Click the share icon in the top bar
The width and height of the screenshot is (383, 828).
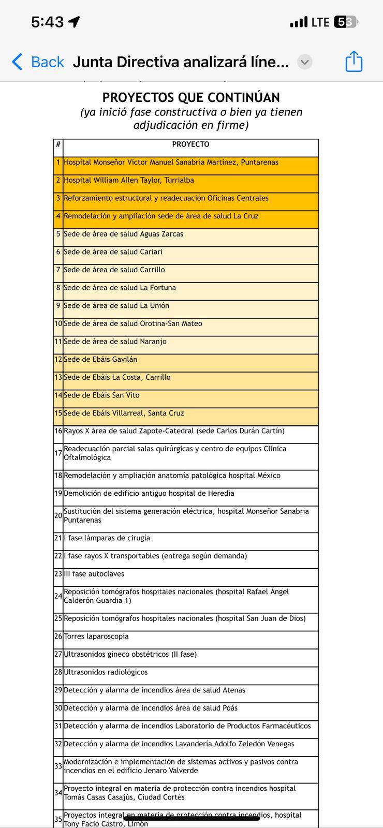coord(354,62)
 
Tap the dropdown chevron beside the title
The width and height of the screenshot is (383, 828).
coord(305,62)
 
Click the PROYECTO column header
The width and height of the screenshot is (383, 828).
coord(190,145)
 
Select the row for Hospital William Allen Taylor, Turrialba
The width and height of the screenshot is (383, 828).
coord(129,181)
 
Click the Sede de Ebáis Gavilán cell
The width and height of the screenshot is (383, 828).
coord(100,360)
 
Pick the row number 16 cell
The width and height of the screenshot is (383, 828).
coord(58,431)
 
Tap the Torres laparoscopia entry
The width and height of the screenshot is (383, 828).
coord(96,637)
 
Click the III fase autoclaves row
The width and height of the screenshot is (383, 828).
coord(94,574)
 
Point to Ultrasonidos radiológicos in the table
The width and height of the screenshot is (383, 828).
coord(106,672)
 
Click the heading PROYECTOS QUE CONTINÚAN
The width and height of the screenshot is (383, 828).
coord(191,97)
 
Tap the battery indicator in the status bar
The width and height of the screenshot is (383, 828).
coord(346,22)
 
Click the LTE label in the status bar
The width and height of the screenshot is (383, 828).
coord(320,22)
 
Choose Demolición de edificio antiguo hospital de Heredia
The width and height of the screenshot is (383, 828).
coord(149,494)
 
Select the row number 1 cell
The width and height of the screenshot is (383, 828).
coord(58,162)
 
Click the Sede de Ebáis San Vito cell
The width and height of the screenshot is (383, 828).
coord(101,395)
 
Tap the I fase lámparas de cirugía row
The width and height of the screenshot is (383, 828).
coord(107,538)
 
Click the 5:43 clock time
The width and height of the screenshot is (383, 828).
coord(48,22)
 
